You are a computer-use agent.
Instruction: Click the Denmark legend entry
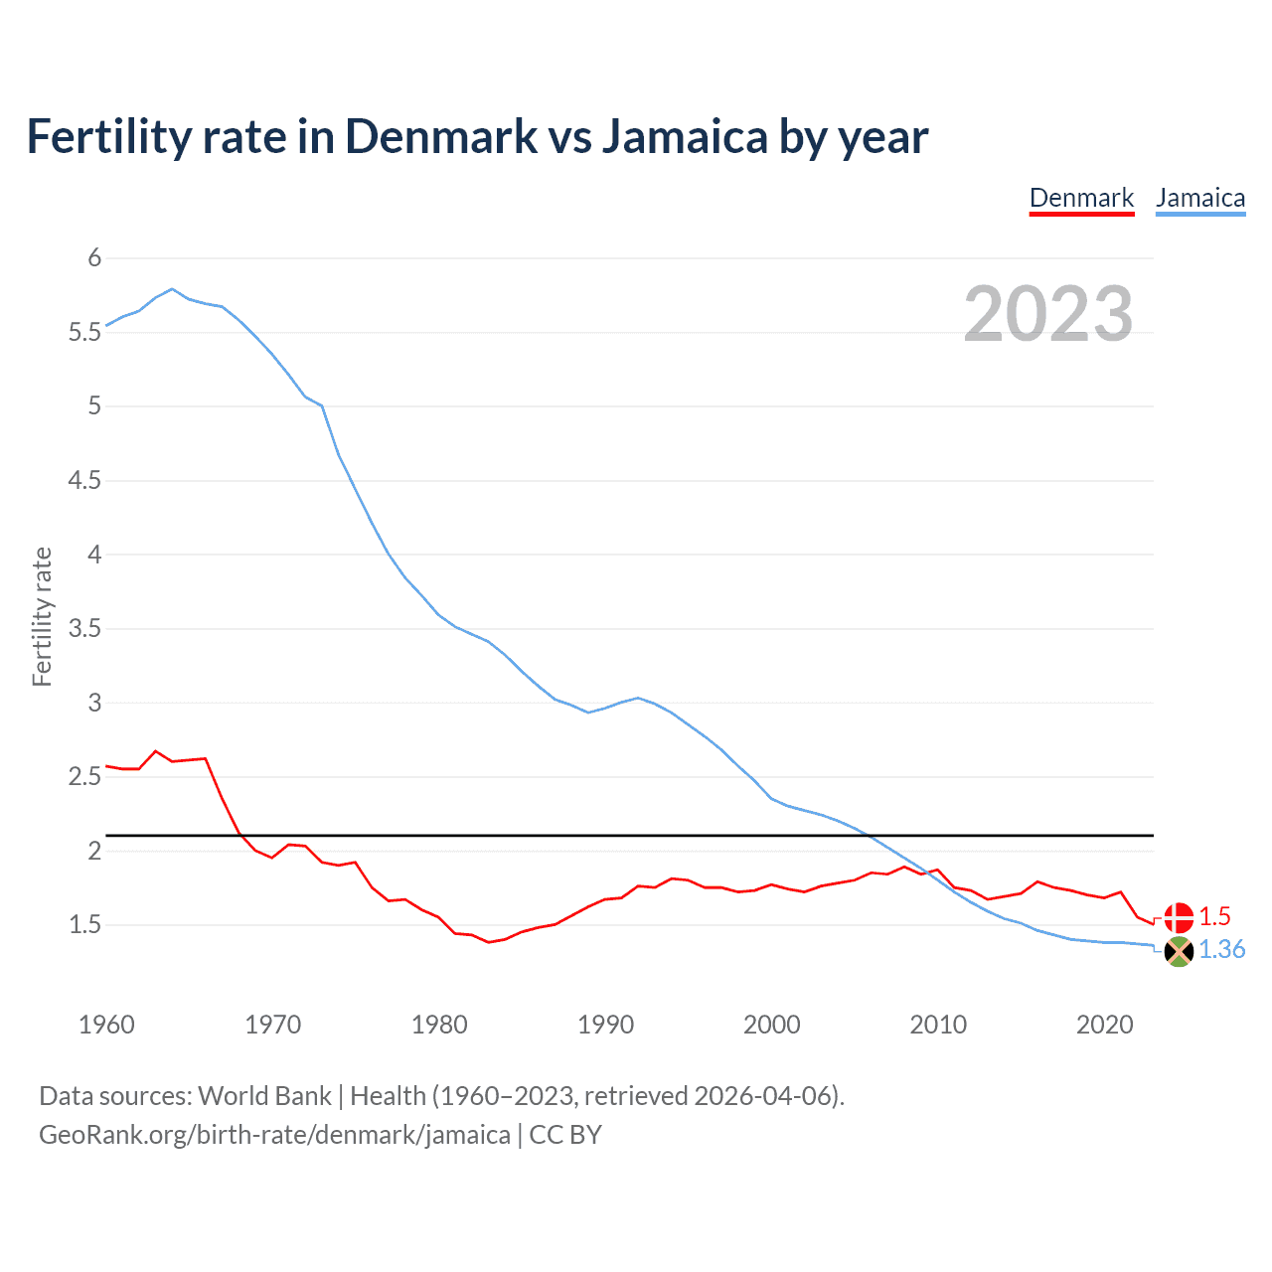click(x=1081, y=198)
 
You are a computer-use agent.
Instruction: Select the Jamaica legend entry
click(x=1200, y=198)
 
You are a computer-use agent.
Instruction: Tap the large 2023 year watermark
click(x=1048, y=314)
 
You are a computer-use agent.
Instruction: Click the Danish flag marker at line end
click(x=1179, y=917)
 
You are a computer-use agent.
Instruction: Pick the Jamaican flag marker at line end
click(x=1179, y=951)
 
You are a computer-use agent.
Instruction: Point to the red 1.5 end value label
click(x=1214, y=916)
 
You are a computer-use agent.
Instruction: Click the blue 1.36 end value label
click(x=1221, y=950)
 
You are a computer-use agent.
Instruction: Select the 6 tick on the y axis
click(x=95, y=258)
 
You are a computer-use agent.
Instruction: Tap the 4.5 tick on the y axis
click(x=85, y=481)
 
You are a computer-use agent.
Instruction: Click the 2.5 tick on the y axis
click(x=85, y=777)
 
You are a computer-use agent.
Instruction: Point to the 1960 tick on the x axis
click(x=106, y=1025)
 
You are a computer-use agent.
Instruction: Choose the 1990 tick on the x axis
click(x=605, y=1025)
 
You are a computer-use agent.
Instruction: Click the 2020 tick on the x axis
click(x=1104, y=1025)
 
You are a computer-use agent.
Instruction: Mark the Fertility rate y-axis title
click(x=42, y=616)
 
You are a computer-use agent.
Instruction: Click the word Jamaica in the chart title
click(x=685, y=137)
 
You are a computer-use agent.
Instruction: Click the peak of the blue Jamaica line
click(x=172, y=289)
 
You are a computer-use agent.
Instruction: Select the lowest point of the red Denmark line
click(x=489, y=942)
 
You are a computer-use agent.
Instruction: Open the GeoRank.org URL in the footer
click(x=274, y=1135)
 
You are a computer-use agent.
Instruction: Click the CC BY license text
click(x=565, y=1135)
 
